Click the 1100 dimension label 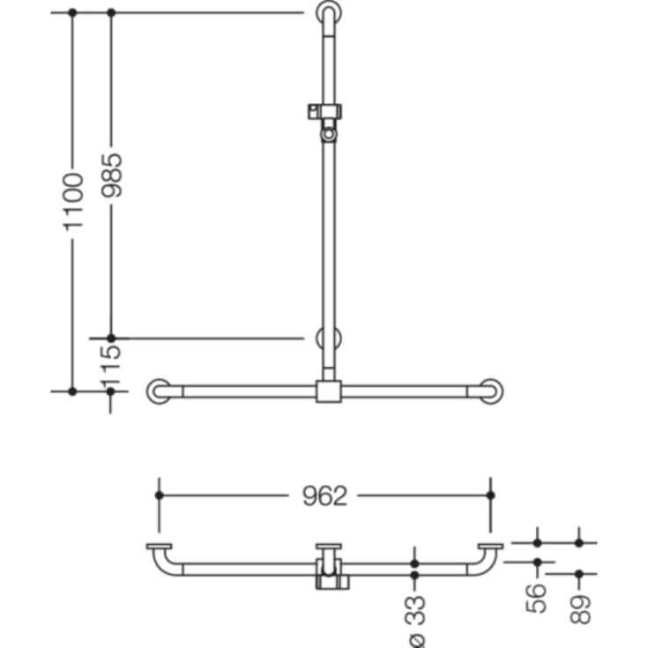coord(72,201)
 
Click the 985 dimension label coord(111,176)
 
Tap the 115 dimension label coord(111,364)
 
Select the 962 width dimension coord(324,495)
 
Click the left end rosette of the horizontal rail coord(160,391)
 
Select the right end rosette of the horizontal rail coord(491,391)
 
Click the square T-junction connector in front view coord(328,391)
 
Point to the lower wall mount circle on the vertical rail coord(328,339)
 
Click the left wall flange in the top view coord(160,547)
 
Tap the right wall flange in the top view coord(491,547)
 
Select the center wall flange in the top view coord(328,547)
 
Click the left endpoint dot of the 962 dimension coord(160,495)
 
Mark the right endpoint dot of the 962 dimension coord(491,495)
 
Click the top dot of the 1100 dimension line coord(72,13)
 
